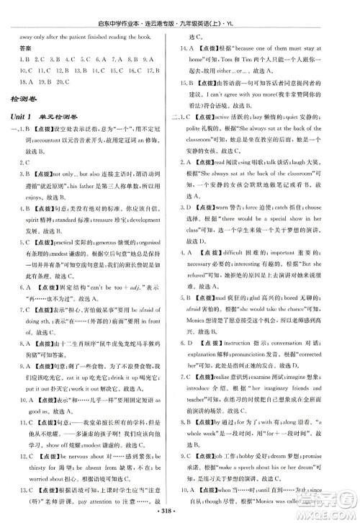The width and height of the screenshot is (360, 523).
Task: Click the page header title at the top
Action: pyautogui.click(x=180, y=8)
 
